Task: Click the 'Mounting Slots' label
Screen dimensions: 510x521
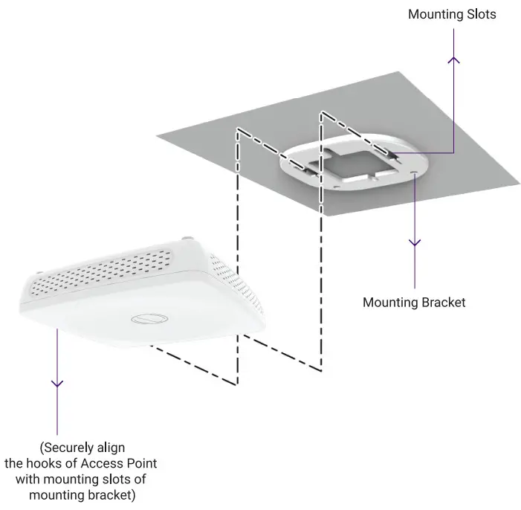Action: click(453, 14)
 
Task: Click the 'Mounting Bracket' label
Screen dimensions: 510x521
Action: click(414, 302)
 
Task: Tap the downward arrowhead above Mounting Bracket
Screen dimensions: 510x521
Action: click(415, 242)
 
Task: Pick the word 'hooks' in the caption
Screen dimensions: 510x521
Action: click(51, 462)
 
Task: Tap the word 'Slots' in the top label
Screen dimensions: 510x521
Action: click(480, 14)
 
